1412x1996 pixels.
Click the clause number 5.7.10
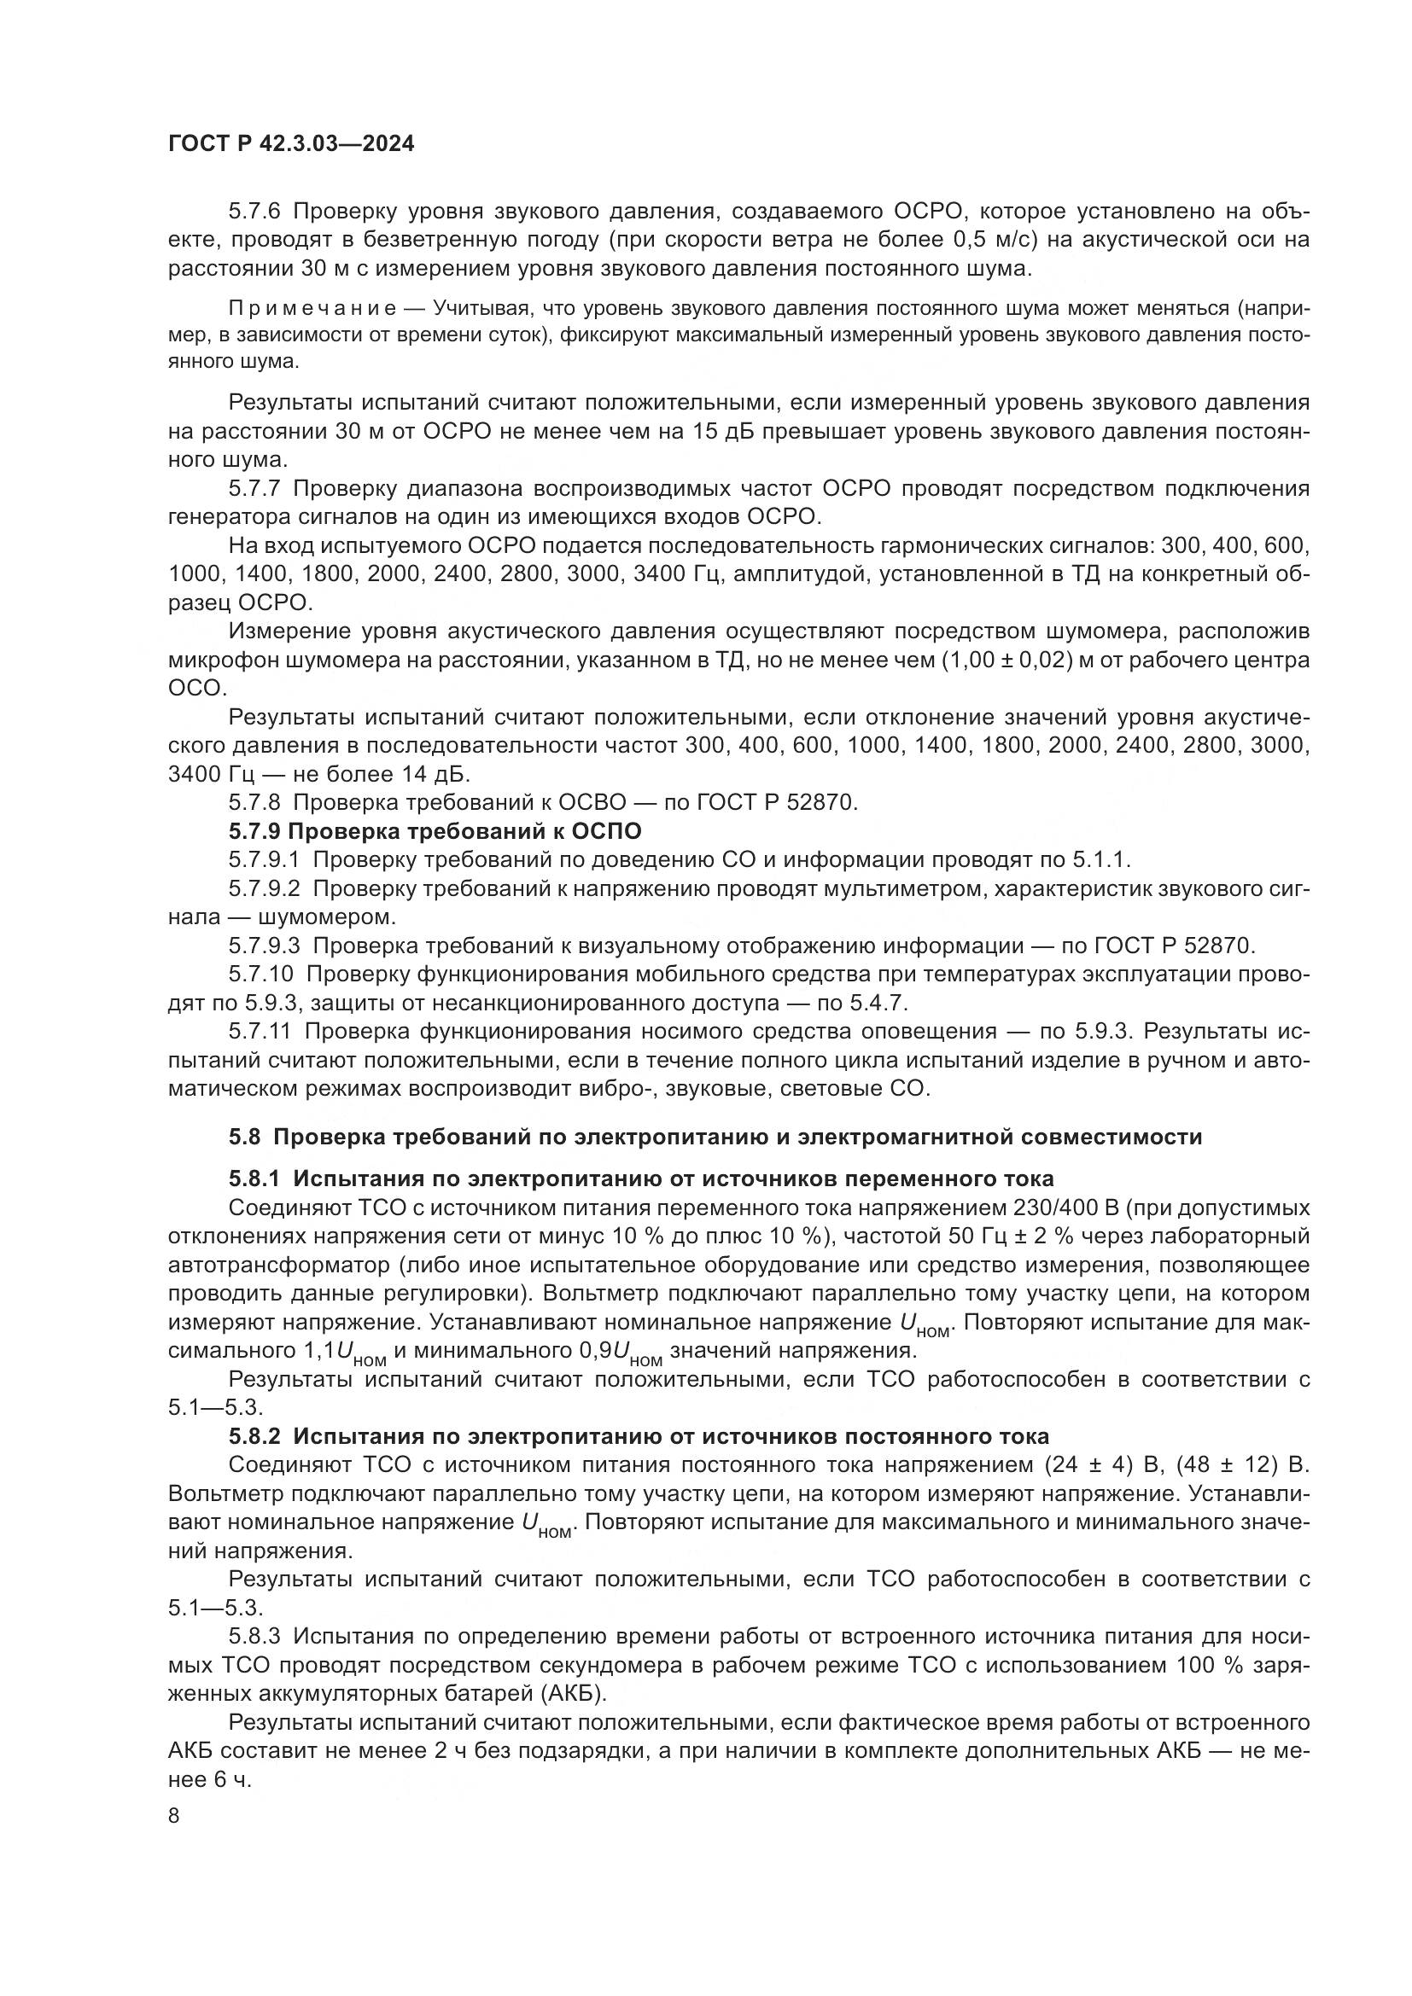[x=261, y=975]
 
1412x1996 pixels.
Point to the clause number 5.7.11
[x=261, y=1032]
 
